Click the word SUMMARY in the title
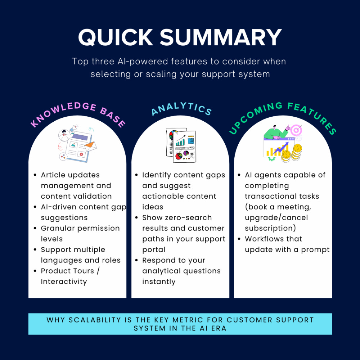(221, 37)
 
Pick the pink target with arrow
(296, 130)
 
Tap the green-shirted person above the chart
(276, 132)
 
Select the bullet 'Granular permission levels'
(80, 233)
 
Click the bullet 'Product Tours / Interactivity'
(70, 276)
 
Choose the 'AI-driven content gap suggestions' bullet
(83, 212)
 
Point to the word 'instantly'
(159, 282)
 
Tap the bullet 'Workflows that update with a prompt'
(287, 244)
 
